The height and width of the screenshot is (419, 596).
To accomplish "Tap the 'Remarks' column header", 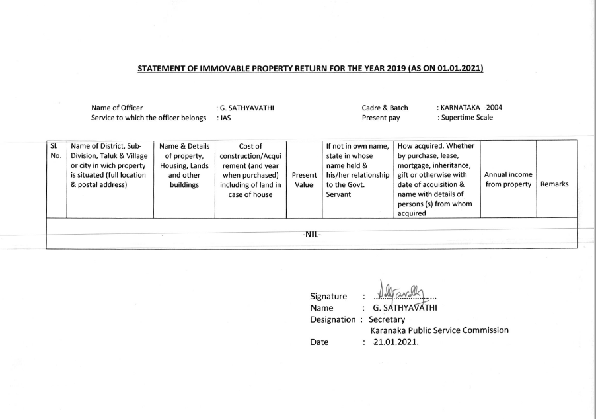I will (554, 183).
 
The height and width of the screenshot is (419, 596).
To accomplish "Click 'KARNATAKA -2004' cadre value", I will (472, 108).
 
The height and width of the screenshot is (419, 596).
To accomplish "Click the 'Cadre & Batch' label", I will (385, 108).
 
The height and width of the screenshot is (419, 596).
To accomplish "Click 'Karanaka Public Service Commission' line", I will (439, 330).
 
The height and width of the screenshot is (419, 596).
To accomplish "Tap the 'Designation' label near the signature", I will (332, 319).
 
